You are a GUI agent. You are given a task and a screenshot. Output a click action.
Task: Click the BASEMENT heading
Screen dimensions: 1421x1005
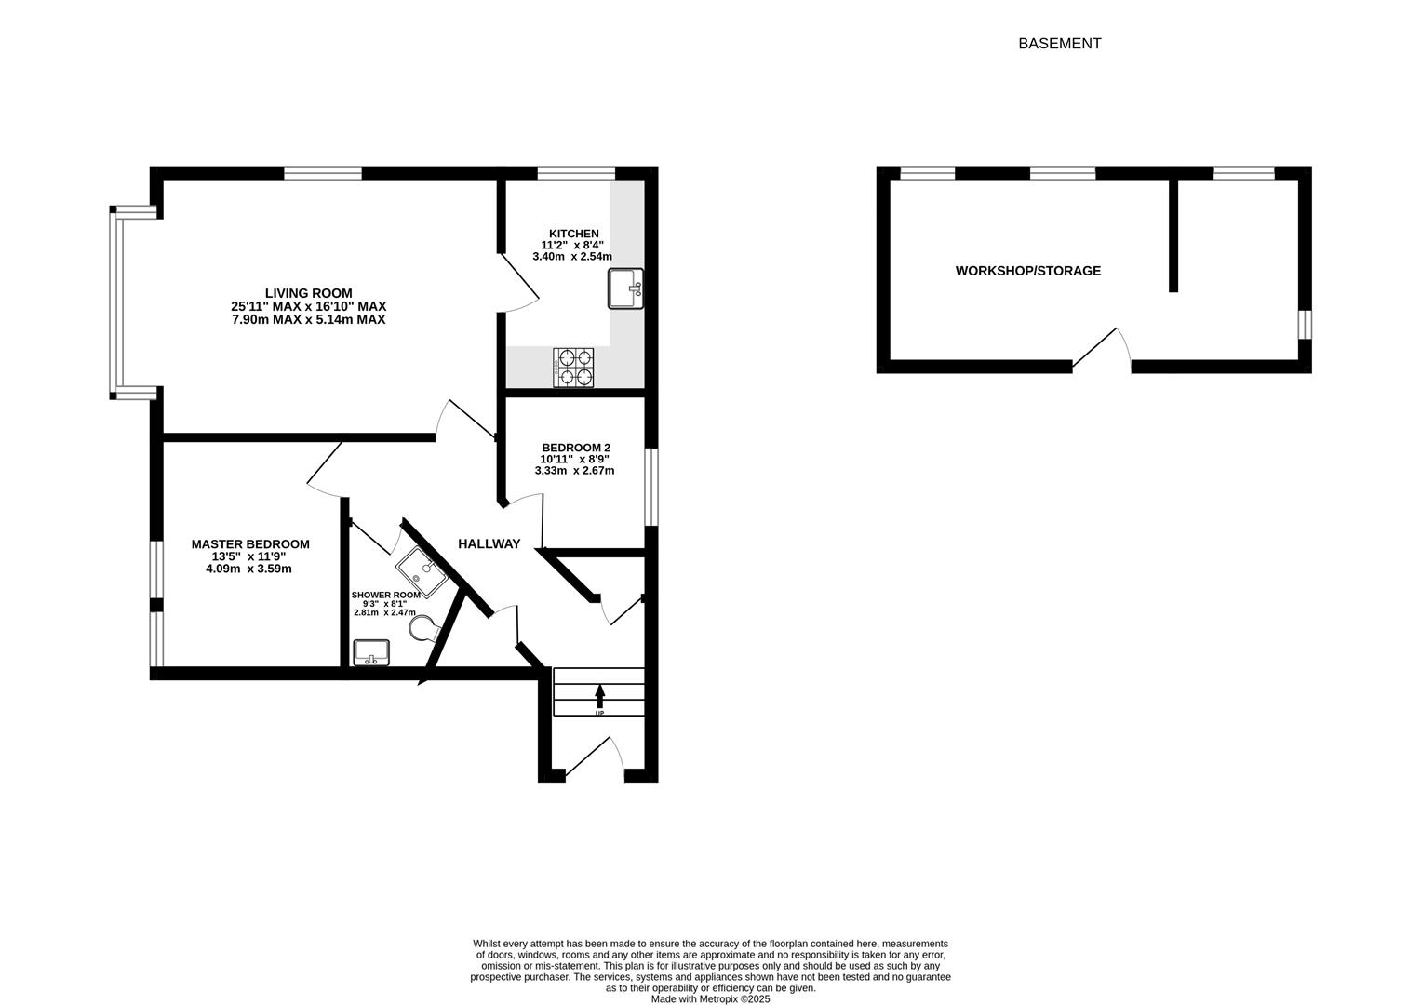coord(1059,43)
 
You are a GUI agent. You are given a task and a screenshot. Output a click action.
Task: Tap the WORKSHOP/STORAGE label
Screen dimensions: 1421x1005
coord(1027,271)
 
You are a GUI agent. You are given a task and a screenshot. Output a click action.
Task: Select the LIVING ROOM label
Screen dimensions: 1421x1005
coord(308,293)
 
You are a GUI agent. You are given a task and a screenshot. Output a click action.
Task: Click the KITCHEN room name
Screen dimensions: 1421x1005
coord(573,234)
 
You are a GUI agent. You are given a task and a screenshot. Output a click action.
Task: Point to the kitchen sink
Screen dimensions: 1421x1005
coord(625,288)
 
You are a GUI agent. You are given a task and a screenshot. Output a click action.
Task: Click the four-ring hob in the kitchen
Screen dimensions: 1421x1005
coord(573,368)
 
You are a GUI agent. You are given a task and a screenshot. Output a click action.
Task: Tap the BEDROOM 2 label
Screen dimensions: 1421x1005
coord(576,448)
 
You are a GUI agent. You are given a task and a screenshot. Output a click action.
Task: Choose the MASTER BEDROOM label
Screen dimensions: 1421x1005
coord(250,543)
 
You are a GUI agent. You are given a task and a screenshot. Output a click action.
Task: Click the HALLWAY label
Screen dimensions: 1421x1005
coord(489,543)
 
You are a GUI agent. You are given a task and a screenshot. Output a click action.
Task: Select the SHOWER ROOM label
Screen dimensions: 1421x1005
coord(385,596)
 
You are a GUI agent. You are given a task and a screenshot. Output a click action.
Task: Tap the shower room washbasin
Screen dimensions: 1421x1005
coord(371,652)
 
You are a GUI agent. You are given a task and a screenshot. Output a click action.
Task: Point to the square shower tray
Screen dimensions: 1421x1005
coord(422,571)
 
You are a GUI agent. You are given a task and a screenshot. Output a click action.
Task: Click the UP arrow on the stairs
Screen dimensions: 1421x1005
coord(599,696)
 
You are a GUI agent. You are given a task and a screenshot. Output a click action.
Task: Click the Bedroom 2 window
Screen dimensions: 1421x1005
coord(651,488)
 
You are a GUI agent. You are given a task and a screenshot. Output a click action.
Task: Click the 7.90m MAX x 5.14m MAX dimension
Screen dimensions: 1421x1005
coord(308,320)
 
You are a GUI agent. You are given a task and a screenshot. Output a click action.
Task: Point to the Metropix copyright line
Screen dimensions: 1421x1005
coord(711,998)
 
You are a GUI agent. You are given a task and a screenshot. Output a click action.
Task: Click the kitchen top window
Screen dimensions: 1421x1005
coord(576,172)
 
